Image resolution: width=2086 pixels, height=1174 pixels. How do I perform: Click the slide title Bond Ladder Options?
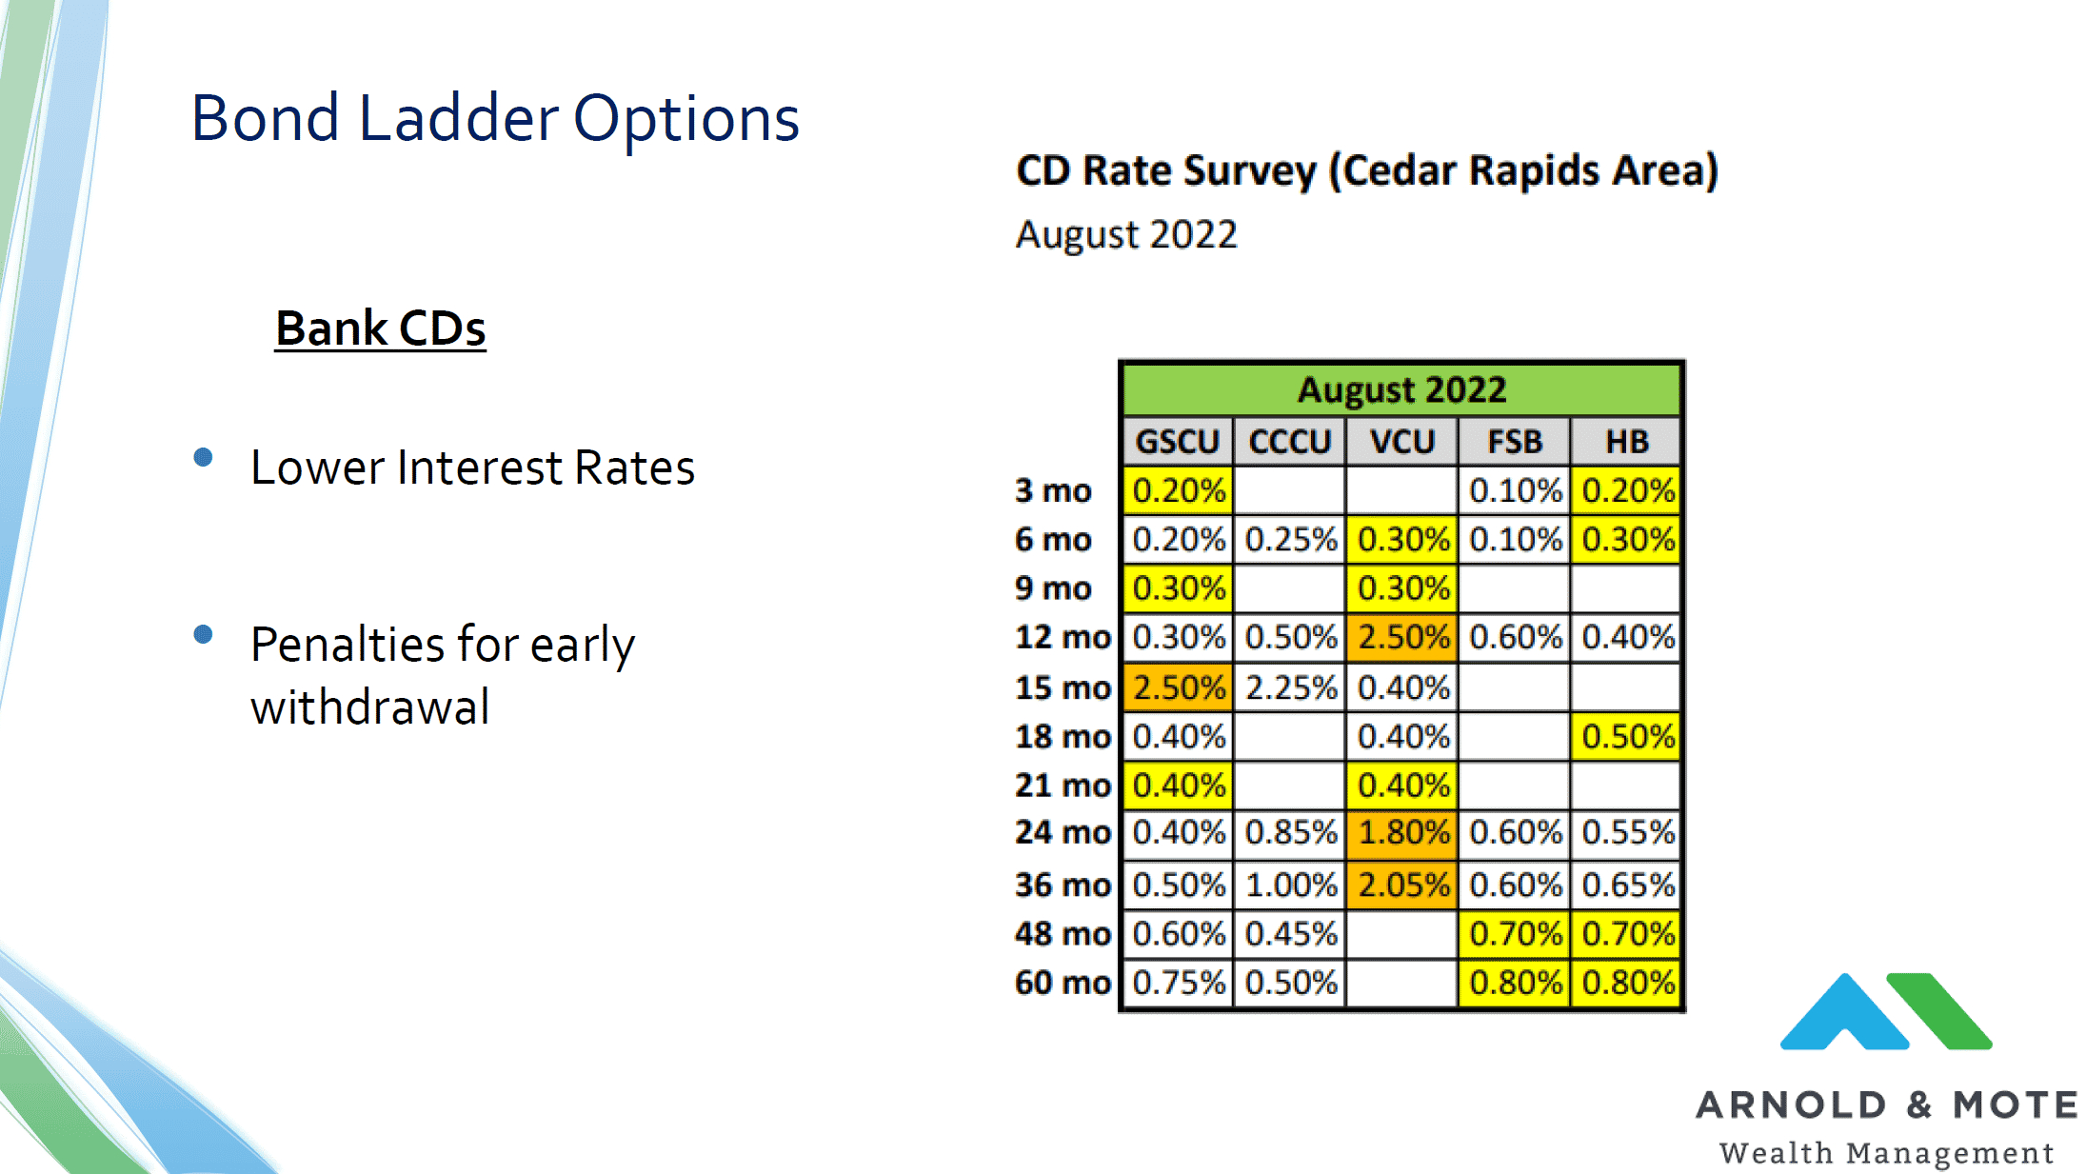click(x=494, y=119)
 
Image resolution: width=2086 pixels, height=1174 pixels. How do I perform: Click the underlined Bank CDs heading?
click(x=380, y=328)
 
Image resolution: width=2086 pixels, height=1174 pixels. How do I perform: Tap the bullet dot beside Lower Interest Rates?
click(x=203, y=458)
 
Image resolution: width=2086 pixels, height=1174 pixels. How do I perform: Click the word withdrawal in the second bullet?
click(x=370, y=707)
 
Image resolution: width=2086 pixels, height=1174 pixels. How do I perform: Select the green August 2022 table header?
click(x=1401, y=389)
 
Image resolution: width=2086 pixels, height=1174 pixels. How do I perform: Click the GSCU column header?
click(x=1178, y=442)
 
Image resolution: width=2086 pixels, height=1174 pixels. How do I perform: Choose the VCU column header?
click(x=1401, y=442)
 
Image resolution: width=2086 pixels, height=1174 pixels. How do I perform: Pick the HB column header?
click(x=1626, y=442)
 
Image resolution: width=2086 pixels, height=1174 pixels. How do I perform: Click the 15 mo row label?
click(x=1063, y=687)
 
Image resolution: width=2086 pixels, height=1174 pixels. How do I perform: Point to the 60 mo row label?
click(x=1063, y=982)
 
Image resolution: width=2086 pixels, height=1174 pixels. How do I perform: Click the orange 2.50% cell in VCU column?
click(x=1402, y=637)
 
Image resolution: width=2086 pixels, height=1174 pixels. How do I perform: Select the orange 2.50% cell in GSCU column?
click(x=1179, y=687)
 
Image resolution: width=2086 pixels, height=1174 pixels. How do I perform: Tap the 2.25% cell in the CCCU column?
click(x=1291, y=687)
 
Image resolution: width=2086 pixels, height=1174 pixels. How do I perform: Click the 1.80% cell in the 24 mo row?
click(x=1402, y=832)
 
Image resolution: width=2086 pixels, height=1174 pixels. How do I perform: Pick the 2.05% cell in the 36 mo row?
click(x=1402, y=885)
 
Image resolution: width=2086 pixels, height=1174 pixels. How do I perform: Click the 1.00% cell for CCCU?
click(x=1291, y=885)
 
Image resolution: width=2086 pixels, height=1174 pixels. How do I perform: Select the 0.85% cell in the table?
click(x=1291, y=832)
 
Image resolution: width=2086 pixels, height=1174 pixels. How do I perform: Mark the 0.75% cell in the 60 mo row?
click(x=1179, y=982)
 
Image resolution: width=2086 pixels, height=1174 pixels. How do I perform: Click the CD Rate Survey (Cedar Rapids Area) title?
click(x=1367, y=171)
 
